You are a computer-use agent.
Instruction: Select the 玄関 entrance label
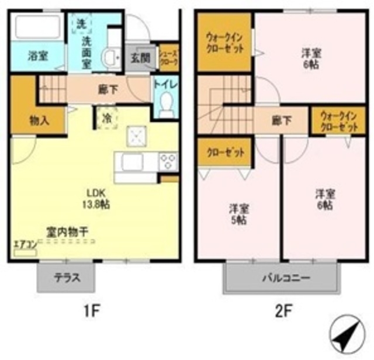click(x=140, y=58)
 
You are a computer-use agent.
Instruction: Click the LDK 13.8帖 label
click(x=98, y=198)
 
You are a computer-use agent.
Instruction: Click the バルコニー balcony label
click(x=281, y=278)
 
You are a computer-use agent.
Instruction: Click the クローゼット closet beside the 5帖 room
click(x=225, y=153)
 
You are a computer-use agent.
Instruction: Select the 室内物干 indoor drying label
click(x=68, y=232)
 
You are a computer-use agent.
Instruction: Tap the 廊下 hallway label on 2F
click(x=281, y=122)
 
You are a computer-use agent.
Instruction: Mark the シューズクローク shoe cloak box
click(x=169, y=57)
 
